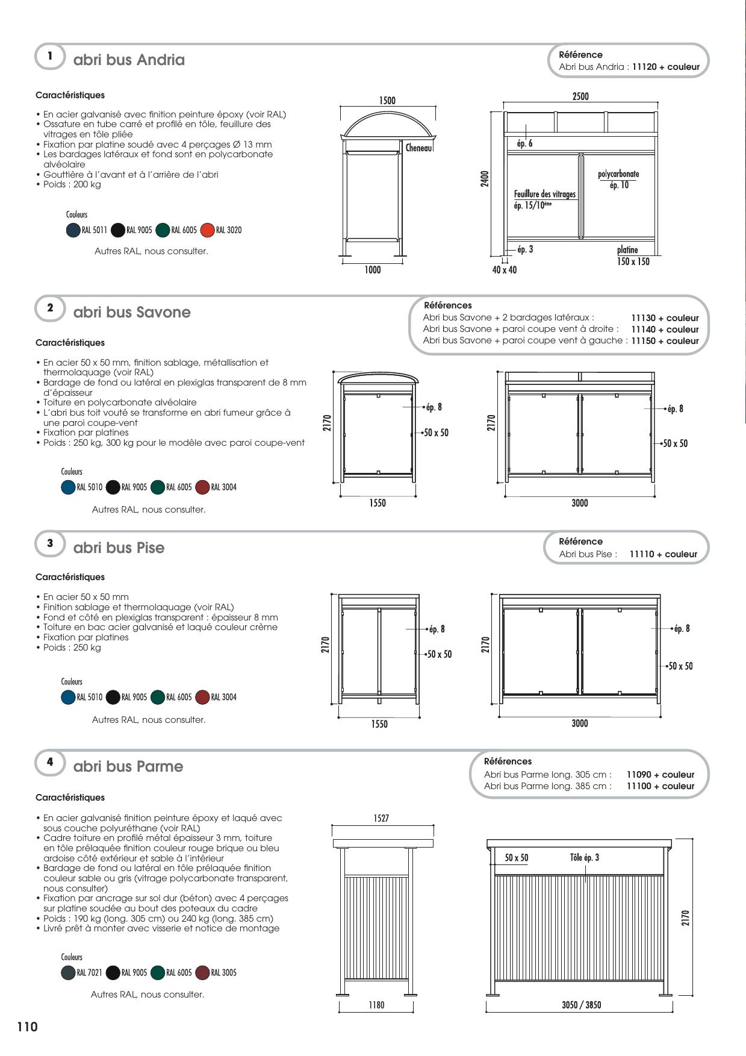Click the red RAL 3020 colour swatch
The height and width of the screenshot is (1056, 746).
pos(207,230)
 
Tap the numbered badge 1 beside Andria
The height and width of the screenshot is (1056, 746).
pos(50,56)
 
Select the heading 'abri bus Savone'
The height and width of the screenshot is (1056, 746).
pos(132,312)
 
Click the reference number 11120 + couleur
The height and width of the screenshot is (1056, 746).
pos(666,67)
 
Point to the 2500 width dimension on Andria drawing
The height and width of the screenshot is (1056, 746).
pos(580,96)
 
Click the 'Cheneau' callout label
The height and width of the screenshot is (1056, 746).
pos(418,148)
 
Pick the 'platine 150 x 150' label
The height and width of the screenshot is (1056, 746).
pos(633,255)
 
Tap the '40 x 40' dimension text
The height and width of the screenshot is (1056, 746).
pos(504,270)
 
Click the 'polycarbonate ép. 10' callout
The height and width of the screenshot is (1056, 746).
pos(618,180)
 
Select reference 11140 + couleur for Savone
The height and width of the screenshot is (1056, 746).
pos(665,330)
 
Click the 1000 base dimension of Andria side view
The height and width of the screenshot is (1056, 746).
pos(373,270)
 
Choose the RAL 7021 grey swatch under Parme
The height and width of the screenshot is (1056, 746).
pos(68,973)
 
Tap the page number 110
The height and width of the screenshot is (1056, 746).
pos(28,1027)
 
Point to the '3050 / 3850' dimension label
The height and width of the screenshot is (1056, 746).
pos(581,1005)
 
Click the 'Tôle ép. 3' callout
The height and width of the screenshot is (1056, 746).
pos(584,858)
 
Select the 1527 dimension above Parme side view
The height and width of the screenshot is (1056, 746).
pos(381,818)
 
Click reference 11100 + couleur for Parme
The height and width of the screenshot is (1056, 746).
pos(660,786)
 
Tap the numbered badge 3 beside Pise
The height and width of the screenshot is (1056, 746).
pos(50,543)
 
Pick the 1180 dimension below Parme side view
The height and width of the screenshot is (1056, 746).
pos(376,1005)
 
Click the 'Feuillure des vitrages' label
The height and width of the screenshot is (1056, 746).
pos(544,195)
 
